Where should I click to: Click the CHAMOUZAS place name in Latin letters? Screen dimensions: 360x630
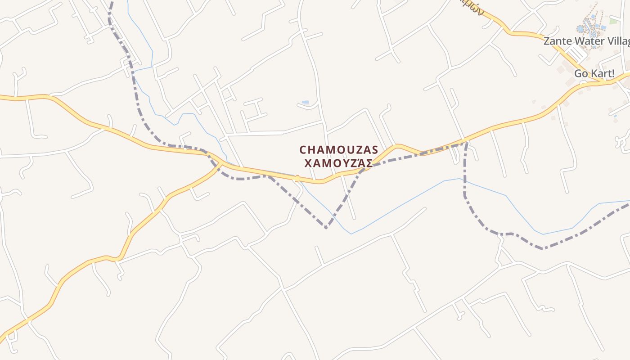(339, 149)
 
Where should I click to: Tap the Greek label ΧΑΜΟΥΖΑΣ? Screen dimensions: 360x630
(339, 163)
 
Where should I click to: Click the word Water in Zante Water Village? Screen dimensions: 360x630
(589, 41)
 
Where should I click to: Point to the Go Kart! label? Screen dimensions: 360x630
(594, 73)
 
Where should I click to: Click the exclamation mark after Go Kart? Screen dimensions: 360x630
(612, 73)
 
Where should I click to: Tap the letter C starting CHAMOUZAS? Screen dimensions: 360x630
(303, 149)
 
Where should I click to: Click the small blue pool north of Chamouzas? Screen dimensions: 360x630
(305, 103)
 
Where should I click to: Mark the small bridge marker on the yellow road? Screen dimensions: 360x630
(297, 178)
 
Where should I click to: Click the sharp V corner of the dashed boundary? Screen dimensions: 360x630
(326, 228)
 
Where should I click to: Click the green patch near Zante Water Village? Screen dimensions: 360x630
(613, 21)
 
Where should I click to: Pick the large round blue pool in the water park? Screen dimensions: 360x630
(580, 29)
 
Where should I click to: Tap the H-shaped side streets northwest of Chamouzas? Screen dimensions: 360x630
(254, 109)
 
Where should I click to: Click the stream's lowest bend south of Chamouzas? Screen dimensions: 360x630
(351, 234)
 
